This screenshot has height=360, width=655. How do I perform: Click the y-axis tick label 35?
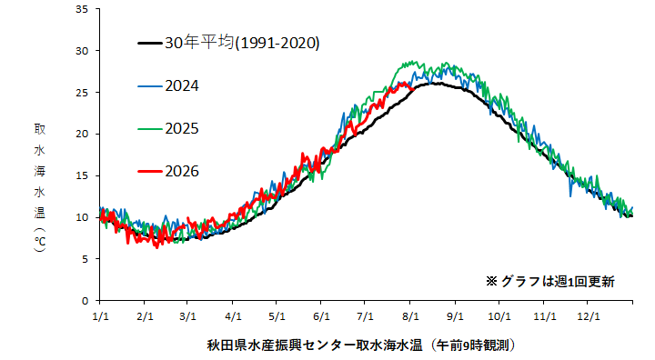[x=82, y=9]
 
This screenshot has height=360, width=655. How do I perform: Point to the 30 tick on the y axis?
[x=82, y=51]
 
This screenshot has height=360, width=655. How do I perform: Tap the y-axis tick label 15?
[x=82, y=175]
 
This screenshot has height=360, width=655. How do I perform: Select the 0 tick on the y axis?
[x=86, y=301]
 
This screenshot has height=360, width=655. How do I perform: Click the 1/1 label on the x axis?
[x=100, y=316]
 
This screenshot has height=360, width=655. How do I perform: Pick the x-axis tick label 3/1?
[x=187, y=316]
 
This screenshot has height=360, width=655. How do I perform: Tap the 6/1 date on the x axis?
[x=321, y=316]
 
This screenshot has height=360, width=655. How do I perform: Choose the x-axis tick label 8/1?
[x=410, y=316]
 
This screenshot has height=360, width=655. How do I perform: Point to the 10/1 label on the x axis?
[x=499, y=316]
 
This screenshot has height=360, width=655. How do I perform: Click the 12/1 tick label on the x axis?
[x=589, y=316]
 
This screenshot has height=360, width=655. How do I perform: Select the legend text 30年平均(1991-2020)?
[x=242, y=43]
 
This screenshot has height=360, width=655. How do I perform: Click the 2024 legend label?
[x=182, y=86]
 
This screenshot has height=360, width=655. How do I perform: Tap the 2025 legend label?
[x=182, y=128]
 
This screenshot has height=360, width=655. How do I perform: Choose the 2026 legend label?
[x=182, y=171]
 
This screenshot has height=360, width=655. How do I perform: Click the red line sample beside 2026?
[x=150, y=171]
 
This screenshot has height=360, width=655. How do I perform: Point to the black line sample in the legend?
[x=150, y=43]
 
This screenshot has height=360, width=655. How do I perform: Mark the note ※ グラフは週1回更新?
[x=550, y=282]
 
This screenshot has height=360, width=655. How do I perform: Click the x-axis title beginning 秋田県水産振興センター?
[x=361, y=345]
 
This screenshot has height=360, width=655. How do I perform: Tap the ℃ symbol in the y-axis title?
[x=40, y=242]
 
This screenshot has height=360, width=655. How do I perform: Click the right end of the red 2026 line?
[x=413, y=89]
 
